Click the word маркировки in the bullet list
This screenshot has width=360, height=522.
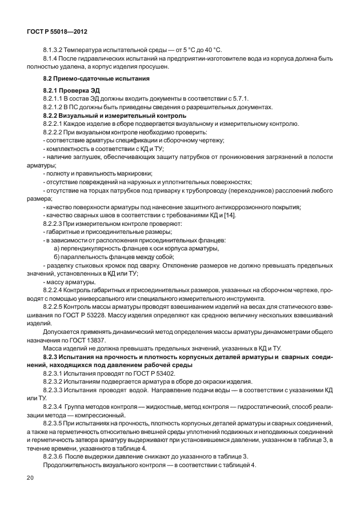click(x=134, y=173)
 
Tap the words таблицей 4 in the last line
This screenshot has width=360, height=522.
click(x=237, y=464)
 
